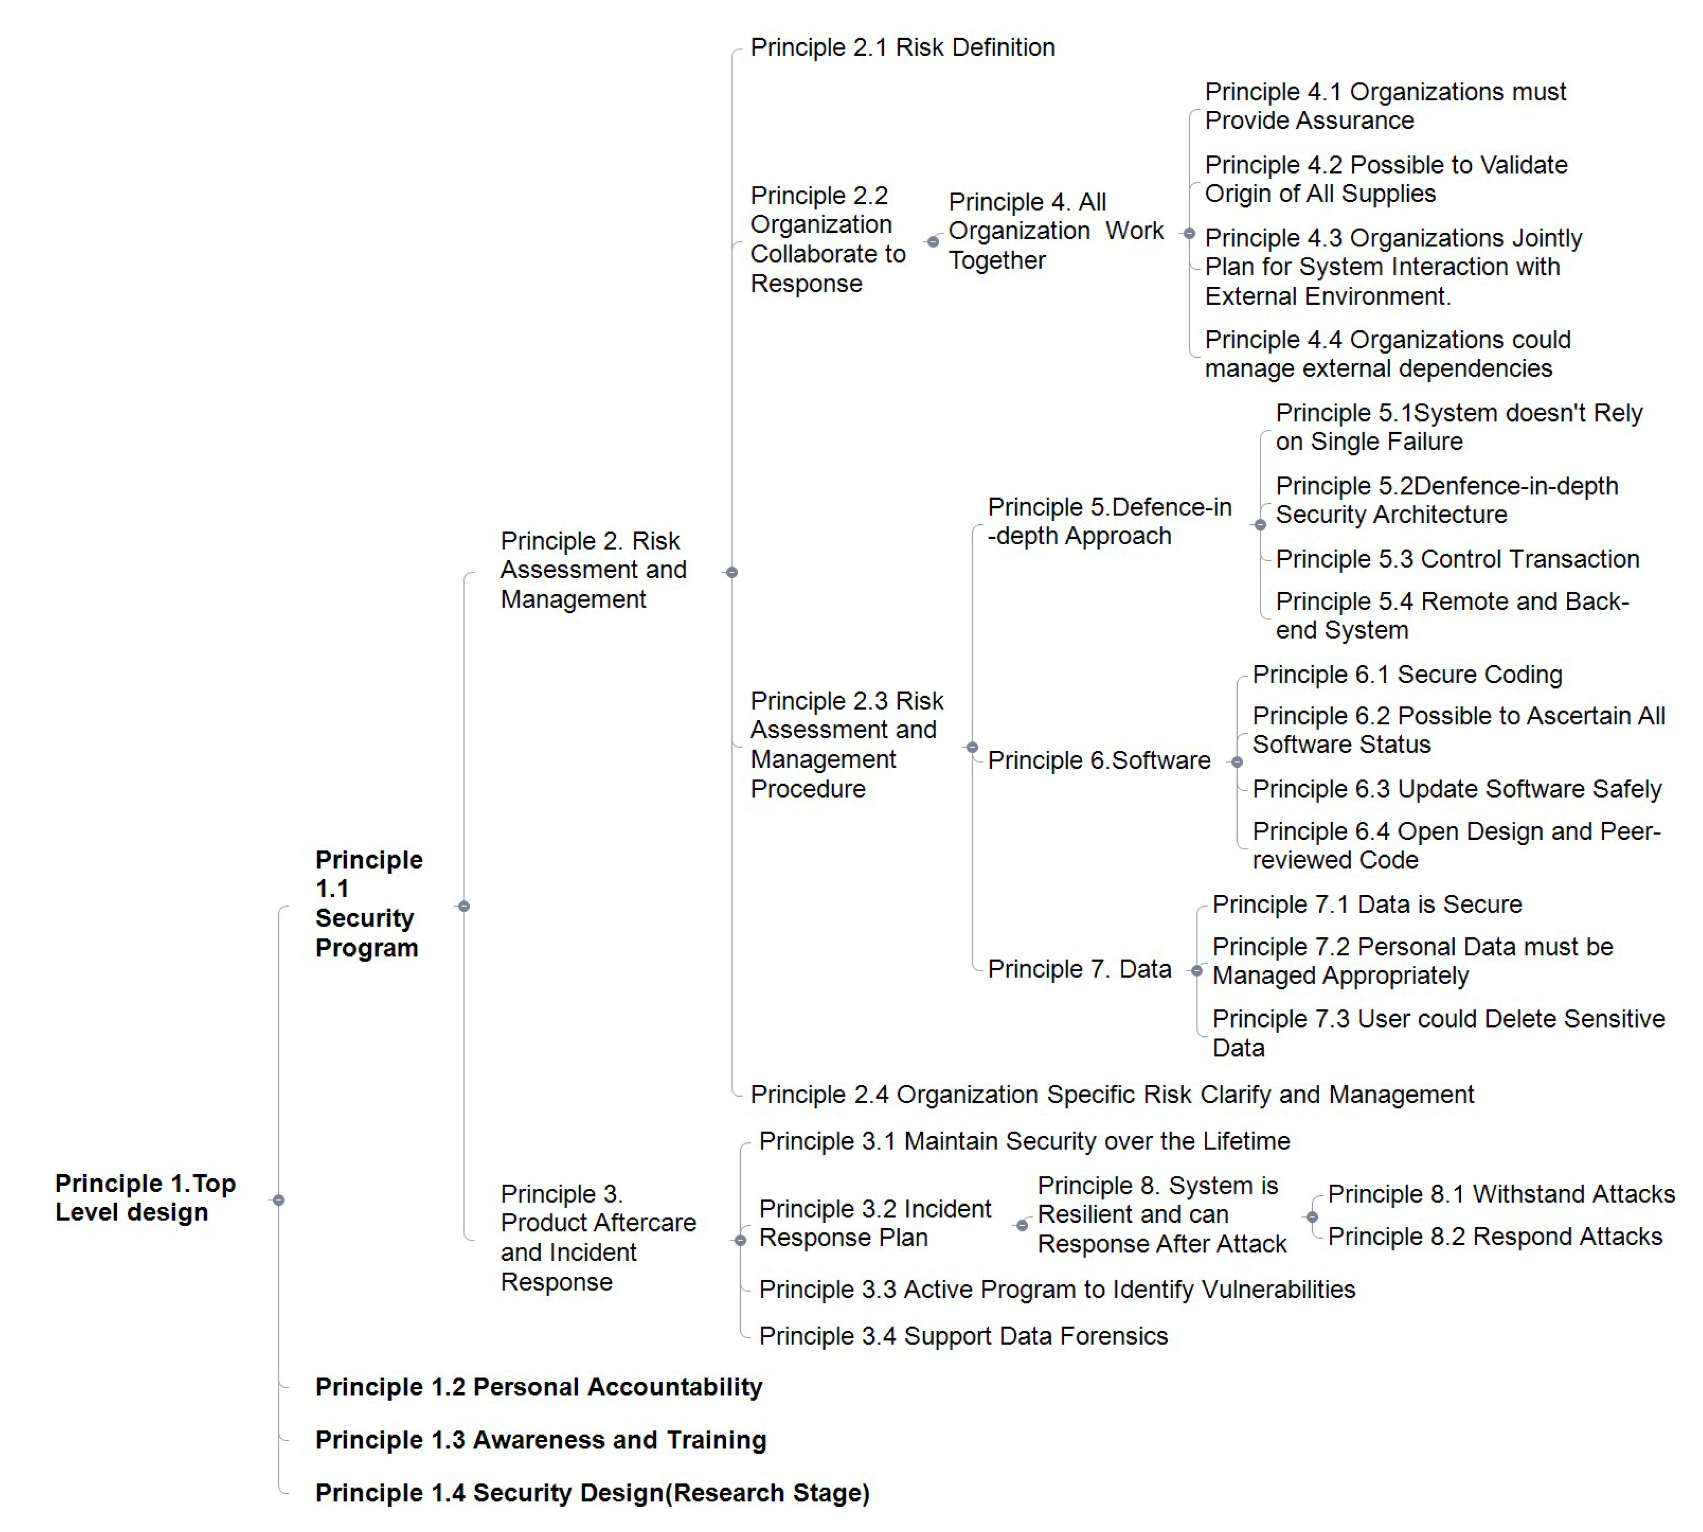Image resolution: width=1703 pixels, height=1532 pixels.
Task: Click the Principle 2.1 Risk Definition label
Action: (x=902, y=48)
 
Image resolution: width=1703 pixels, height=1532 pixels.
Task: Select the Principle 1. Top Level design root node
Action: (x=145, y=1198)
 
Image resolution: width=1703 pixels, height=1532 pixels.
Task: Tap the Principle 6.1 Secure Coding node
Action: (x=1407, y=675)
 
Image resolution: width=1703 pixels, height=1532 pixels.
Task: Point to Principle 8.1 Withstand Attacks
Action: (x=1501, y=1194)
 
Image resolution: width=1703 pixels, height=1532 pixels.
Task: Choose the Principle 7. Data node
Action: (x=1079, y=970)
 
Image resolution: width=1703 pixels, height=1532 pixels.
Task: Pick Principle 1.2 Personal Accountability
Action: (x=539, y=1387)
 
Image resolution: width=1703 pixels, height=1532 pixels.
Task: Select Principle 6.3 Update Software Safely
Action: (x=1457, y=789)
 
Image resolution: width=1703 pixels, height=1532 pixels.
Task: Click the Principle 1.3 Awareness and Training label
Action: (x=540, y=1440)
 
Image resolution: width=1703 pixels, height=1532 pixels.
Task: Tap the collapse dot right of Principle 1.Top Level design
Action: (x=278, y=1200)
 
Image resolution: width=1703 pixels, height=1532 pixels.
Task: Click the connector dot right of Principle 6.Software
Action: (x=1236, y=763)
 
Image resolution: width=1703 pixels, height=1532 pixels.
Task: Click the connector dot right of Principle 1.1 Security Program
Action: (x=463, y=907)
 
